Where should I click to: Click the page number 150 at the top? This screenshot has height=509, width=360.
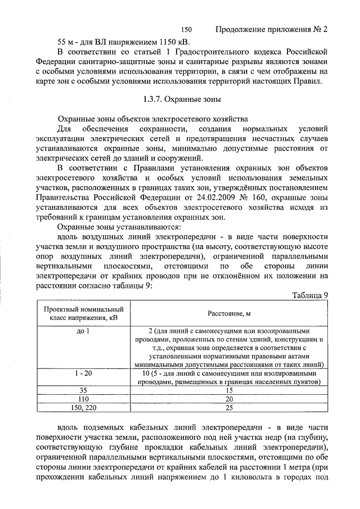187,29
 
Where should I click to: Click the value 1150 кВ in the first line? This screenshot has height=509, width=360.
170,42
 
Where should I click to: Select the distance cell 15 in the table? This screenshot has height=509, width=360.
228,390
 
